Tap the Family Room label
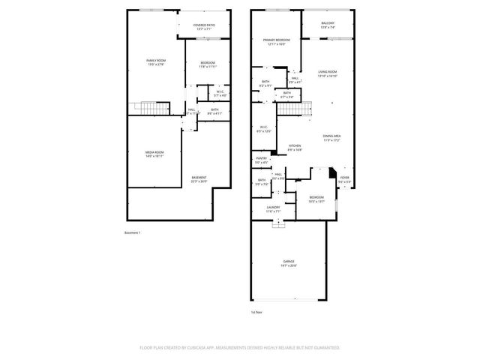coord(155,61)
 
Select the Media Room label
coord(154,154)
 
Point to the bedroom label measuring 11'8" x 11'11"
coord(208,64)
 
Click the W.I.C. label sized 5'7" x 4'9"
coord(220,94)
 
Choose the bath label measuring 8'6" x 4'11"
coord(214,112)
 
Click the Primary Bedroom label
coord(276,41)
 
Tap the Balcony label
coord(328,25)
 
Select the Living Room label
coord(328,73)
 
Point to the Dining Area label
coord(332,137)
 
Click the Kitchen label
coord(295,147)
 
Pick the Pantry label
coord(262,160)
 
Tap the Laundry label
coord(273,209)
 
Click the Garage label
coord(289,263)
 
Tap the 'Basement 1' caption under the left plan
coord(133,233)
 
